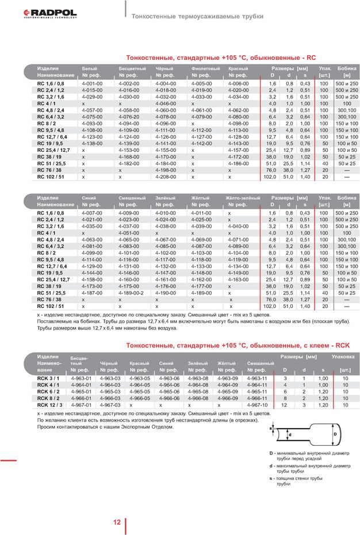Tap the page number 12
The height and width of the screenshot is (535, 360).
pos(117,522)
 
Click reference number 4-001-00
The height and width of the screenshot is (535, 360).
pos(92,83)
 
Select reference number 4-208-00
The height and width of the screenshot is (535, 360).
pos(166,178)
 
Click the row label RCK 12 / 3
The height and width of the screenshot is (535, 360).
pos(50,405)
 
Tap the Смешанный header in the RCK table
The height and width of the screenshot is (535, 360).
pos(261,364)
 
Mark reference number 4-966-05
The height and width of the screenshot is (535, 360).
pos(140,398)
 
